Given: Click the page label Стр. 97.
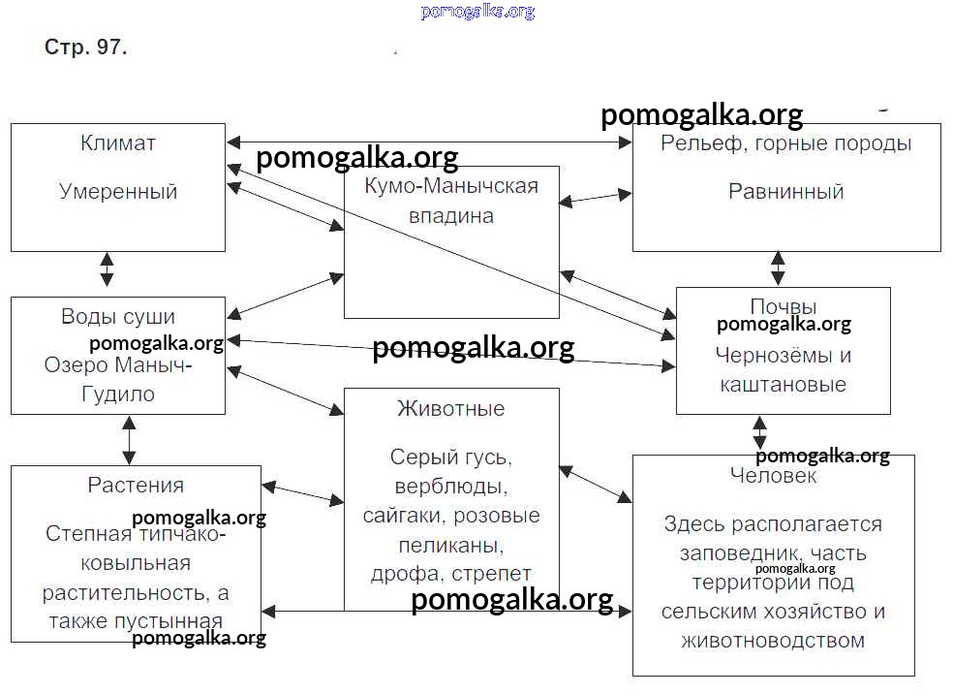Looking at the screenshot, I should pyautogui.click(x=85, y=47).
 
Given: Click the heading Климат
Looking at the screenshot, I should pyautogui.click(x=118, y=143).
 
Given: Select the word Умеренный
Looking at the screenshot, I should pyautogui.click(x=118, y=191).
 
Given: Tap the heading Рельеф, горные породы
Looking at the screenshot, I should pyautogui.click(x=785, y=143).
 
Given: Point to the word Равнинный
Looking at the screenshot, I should pyautogui.click(x=785, y=191).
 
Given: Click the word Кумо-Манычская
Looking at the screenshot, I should pyautogui.click(x=451, y=186).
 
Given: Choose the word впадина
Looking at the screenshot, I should pyautogui.click(x=451, y=215).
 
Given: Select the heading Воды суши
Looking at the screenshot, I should pyautogui.click(x=118, y=316).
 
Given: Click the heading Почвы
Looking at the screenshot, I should pyautogui.click(x=783, y=306).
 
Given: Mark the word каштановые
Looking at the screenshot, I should pyautogui.click(x=783, y=384).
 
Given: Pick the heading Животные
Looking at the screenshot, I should pyautogui.click(x=451, y=408).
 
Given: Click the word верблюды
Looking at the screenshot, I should pyautogui.click(x=451, y=486).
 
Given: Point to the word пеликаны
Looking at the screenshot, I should pyautogui.click(x=451, y=544).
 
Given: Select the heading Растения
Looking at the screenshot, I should pyautogui.click(x=136, y=485).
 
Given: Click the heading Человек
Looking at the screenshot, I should pyautogui.click(x=773, y=476).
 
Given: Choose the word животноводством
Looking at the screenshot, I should pyautogui.click(x=773, y=641).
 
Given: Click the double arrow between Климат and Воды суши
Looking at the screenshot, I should pyautogui.click(x=107, y=268).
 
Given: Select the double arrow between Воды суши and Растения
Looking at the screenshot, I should pyautogui.click(x=129, y=440).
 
